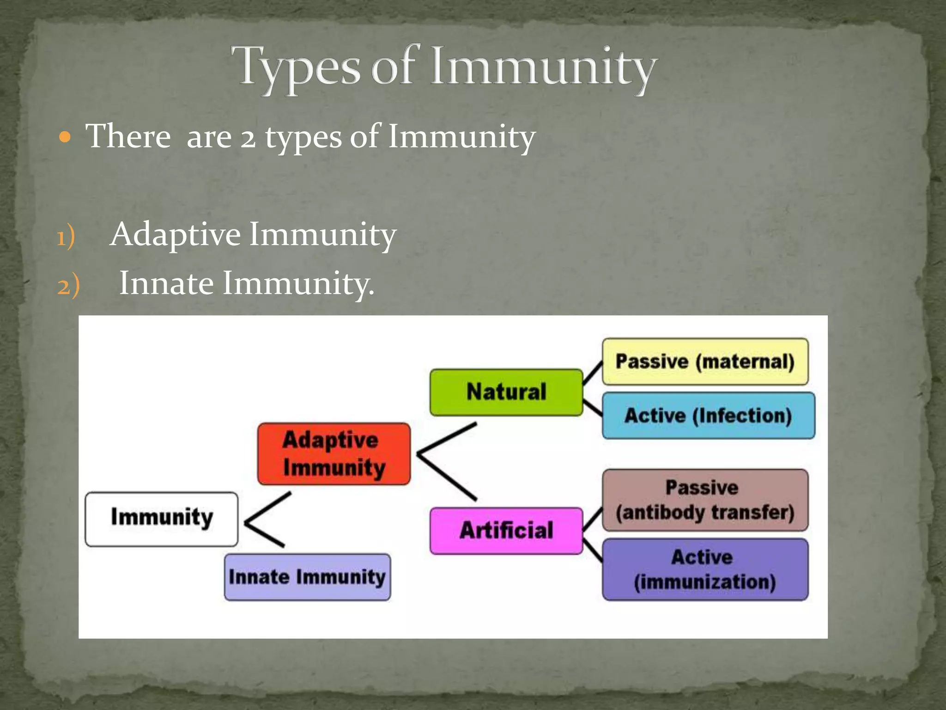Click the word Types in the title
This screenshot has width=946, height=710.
coord(296,67)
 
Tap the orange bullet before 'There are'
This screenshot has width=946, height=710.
coord(66,137)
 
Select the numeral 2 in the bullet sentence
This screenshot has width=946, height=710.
coord(248,137)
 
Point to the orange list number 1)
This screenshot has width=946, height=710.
coord(66,237)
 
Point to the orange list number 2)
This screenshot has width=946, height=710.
coord(68,285)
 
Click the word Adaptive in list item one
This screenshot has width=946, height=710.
coord(176,234)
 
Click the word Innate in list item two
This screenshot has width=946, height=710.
coord(166,283)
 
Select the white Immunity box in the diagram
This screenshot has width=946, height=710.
coord(162,519)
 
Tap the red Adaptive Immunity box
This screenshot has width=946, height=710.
coord(334,454)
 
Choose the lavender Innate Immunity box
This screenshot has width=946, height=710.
coord(307,577)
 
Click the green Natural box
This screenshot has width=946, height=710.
coord(506,392)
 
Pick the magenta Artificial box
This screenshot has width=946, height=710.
coord(506,531)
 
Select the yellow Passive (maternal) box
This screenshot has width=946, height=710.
coord(705,361)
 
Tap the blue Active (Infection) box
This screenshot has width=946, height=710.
coord(708,415)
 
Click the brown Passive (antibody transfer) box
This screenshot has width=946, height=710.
coord(705,500)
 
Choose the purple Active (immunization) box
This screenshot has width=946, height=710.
coord(705,569)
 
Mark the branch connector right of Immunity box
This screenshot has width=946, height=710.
coord(266,520)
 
